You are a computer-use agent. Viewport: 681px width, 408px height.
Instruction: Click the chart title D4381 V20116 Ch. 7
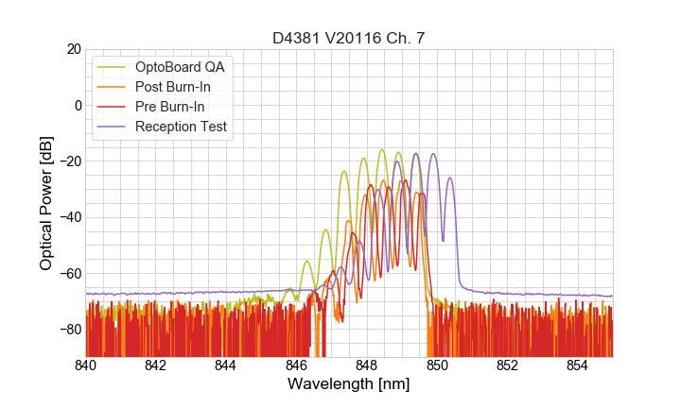(x=349, y=39)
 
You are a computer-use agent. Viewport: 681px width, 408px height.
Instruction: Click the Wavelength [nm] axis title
(x=349, y=385)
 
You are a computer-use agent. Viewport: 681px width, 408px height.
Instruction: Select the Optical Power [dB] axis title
(x=46, y=203)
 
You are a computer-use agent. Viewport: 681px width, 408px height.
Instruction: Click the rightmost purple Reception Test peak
(x=450, y=178)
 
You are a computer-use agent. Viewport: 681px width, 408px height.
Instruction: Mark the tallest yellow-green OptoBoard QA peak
(x=381, y=149)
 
